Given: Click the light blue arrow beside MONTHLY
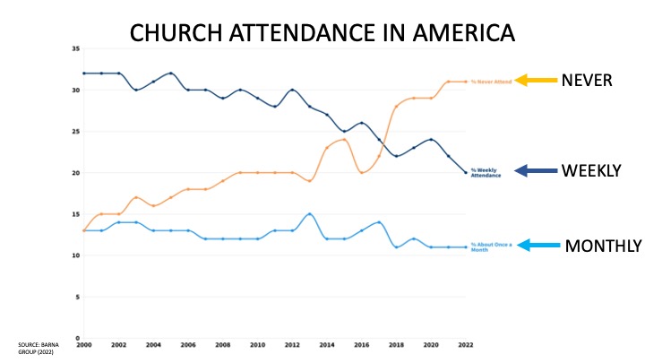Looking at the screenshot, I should pos(535,245).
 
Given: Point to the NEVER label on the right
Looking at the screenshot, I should pos(587,81).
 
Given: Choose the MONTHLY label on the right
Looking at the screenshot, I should pos(598,245).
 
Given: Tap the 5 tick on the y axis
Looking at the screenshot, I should pos(77,297).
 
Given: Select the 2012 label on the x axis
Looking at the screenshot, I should pos(292,344).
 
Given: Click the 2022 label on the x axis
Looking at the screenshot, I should pos(465,344).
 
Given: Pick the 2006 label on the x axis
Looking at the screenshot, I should pos(187,344).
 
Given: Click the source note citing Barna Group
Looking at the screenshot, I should pos(37,348).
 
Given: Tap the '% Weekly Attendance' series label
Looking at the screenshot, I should pos(486,173).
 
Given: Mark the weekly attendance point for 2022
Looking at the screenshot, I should pos(466,172).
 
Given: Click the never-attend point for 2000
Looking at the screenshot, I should pos(84,230).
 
